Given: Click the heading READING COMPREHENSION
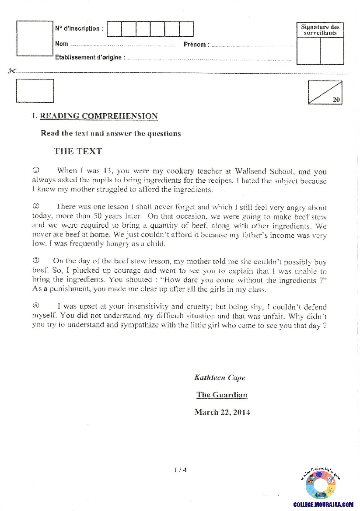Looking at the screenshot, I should tap(98, 116).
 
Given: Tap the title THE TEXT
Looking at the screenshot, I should tap(78, 151).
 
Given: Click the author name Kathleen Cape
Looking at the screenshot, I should tap(220, 378).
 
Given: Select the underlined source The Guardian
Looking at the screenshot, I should tap(222, 395).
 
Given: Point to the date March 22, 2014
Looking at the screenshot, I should tap(222, 412).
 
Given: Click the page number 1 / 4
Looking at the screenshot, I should tap(180, 470).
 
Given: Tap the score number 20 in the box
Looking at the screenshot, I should tap(336, 100).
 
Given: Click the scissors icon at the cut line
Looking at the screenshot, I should tap(12, 71).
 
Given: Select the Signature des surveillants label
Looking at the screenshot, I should tap(320, 30).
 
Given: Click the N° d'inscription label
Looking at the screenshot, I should tap(79, 29).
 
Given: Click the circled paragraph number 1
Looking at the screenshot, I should tap(36, 170).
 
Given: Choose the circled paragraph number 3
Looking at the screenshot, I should tap(36, 261).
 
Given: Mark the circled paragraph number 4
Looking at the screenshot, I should tap(36, 306).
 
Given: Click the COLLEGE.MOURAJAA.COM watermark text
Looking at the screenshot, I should tap(323, 504).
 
